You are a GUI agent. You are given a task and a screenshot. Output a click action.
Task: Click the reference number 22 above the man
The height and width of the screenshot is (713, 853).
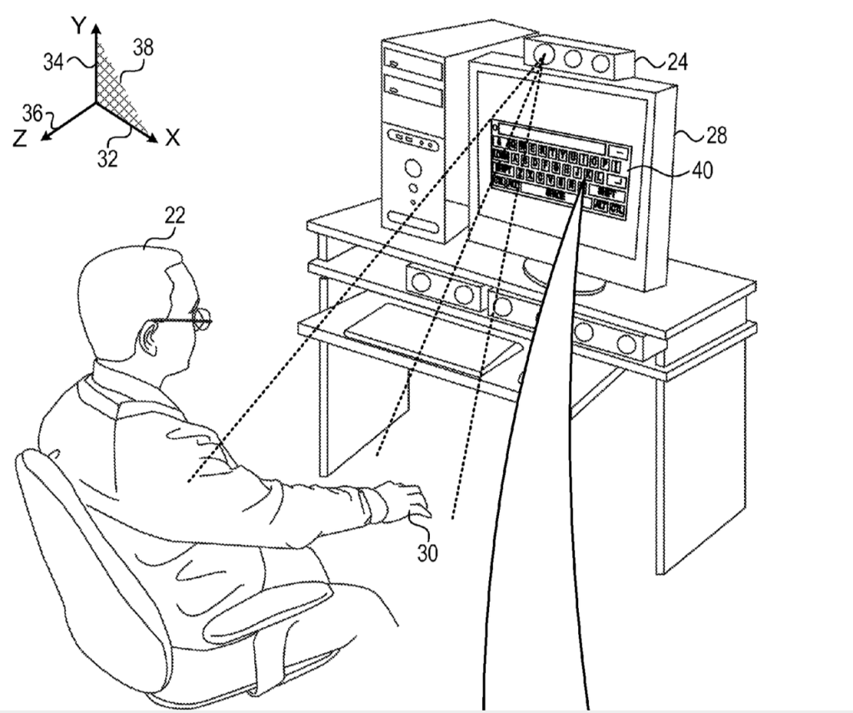174,216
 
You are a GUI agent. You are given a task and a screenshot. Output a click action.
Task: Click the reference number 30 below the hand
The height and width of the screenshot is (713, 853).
426,551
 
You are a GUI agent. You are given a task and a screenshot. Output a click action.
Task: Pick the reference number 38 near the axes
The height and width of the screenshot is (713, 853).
143,47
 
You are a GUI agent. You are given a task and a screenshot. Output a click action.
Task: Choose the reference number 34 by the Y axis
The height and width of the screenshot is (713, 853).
54,62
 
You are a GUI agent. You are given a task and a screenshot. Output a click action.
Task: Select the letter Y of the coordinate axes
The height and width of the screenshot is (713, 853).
78,25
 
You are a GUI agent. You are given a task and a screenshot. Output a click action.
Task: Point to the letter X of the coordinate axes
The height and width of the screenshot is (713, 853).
172,138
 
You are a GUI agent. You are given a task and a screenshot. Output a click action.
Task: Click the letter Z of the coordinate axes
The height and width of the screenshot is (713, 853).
21,139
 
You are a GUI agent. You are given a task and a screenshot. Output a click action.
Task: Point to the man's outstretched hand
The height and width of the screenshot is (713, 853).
407,500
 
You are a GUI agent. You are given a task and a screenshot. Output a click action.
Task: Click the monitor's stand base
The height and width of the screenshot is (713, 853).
566,280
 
